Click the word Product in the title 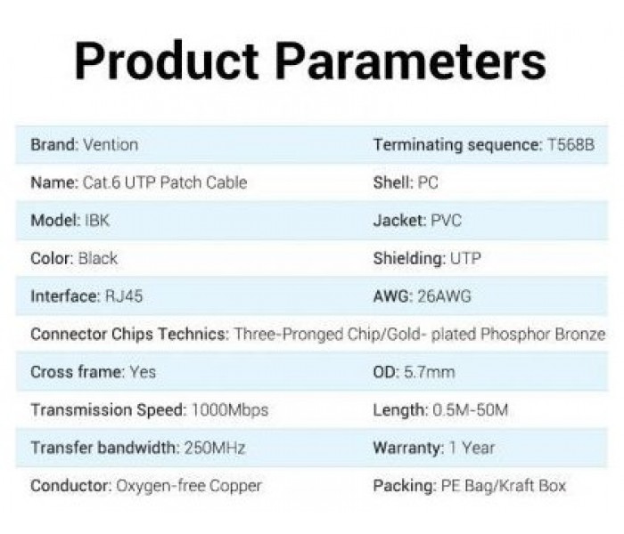click(x=167, y=61)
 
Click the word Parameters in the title click(x=411, y=61)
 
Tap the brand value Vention click(x=111, y=144)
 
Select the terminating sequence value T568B click(x=571, y=144)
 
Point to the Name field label click(x=54, y=182)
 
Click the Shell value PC click(x=428, y=182)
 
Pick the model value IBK click(x=97, y=221)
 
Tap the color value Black click(x=98, y=258)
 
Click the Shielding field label click(x=409, y=258)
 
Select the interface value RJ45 click(x=124, y=296)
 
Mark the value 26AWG click(x=444, y=296)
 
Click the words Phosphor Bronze click(x=543, y=334)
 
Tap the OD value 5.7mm click(x=430, y=372)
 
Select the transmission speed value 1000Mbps click(x=230, y=410)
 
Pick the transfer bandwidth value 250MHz click(x=215, y=449)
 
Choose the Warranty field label click(x=408, y=449)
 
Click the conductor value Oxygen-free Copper click(x=189, y=486)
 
